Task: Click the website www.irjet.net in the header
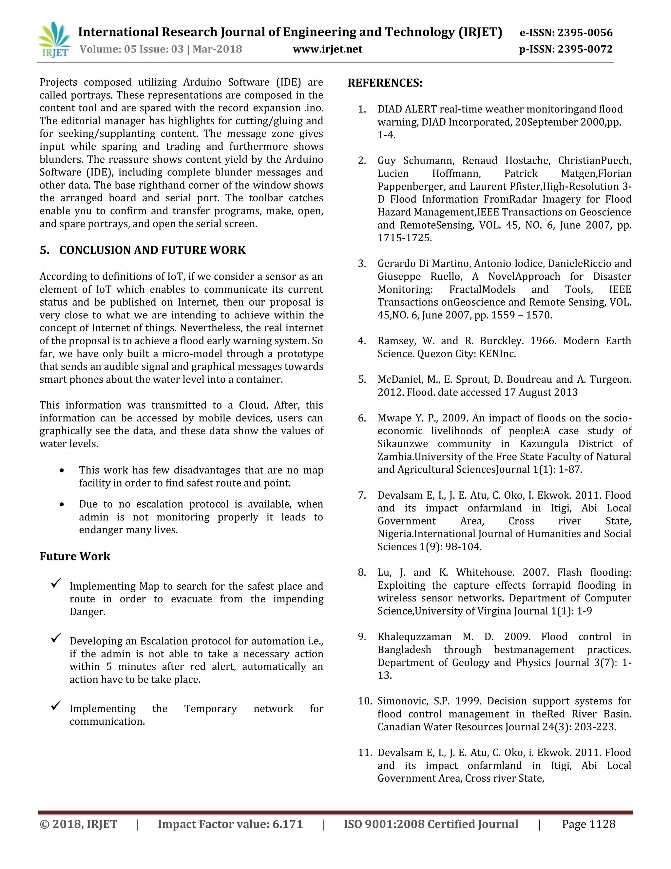click(x=327, y=49)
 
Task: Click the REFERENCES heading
click(x=385, y=83)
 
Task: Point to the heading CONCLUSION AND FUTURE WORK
click(x=152, y=250)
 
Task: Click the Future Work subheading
click(x=75, y=556)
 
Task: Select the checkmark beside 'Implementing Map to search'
click(x=56, y=583)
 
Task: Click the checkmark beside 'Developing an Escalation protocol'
click(x=56, y=638)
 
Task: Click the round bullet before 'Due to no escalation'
click(x=62, y=505)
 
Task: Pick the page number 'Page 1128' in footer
click(x=588, y=824)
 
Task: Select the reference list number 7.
click(x=362, y=495)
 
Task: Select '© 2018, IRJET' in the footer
click(x=78, y=824)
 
